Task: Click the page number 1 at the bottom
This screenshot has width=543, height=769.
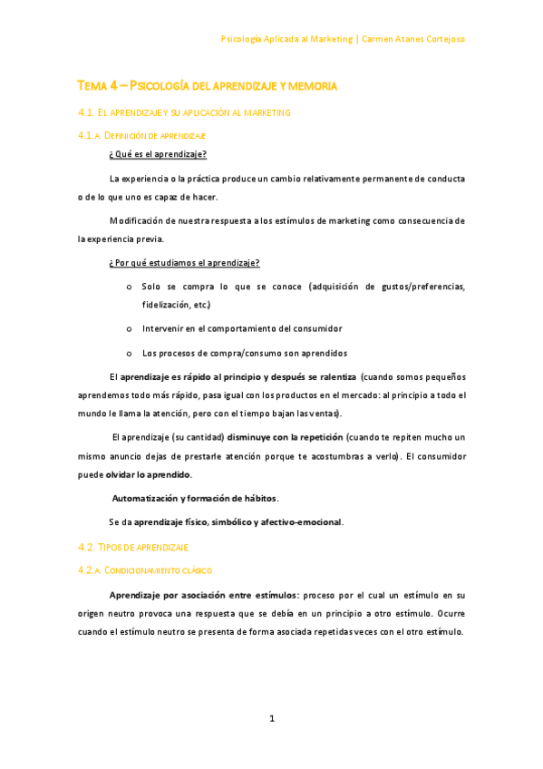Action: pos(271,719)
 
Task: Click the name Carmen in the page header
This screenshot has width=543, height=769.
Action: pos(378,39)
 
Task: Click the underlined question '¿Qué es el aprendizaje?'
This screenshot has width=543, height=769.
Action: pos(158,154)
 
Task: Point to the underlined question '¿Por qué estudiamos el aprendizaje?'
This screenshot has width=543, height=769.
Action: pos(184,263)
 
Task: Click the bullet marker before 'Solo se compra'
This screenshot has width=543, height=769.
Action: pos(131,287)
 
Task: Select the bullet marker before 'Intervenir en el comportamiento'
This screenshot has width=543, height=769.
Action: pos(131,328)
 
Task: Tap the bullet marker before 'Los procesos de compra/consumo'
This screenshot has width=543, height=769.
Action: pos(131,353)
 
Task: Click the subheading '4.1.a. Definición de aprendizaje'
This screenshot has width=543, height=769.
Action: pos(142,135)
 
